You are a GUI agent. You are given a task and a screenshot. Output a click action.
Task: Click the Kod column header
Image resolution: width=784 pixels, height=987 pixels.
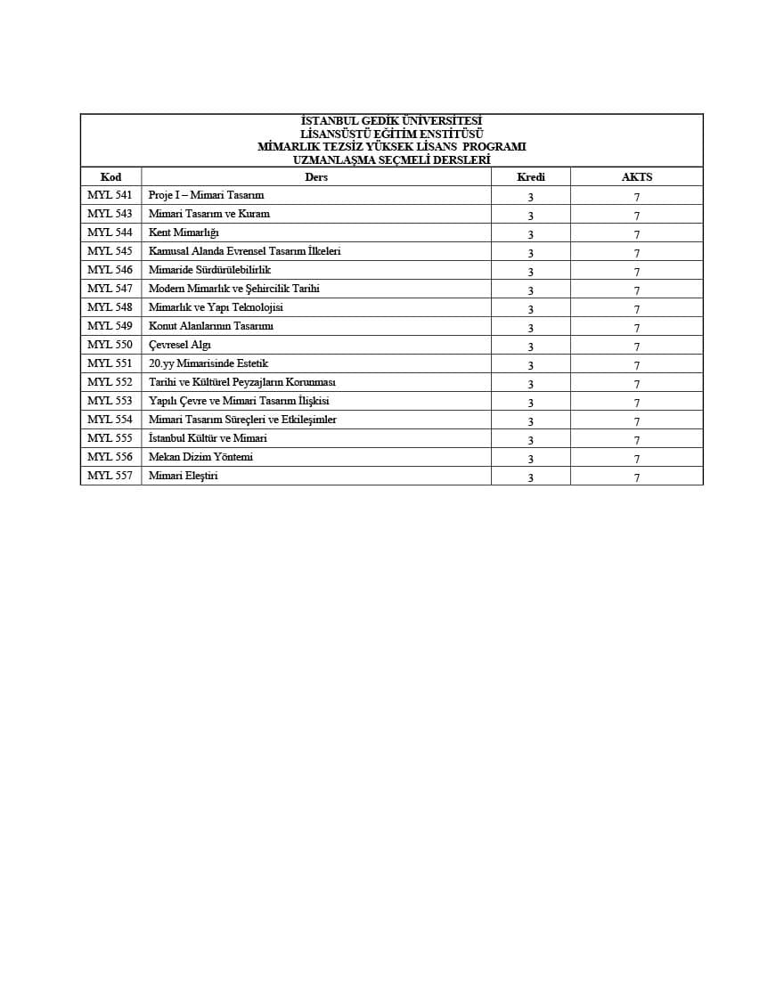tap(110, 177)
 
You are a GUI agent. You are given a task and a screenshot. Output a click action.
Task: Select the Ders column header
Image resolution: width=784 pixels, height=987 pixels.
tap(315, 177)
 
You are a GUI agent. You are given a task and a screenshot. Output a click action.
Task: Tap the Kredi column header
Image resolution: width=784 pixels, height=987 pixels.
tap(530, 177)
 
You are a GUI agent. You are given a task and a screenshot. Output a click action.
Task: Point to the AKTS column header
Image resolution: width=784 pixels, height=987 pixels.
tap(636, 177)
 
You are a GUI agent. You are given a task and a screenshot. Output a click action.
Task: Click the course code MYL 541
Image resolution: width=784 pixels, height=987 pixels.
tap(110, 195)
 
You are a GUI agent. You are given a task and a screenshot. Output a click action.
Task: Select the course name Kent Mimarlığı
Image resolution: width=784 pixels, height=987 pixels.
tap(184, 232)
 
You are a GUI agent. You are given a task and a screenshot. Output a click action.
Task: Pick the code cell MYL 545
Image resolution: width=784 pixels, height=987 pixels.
tap(110, 251)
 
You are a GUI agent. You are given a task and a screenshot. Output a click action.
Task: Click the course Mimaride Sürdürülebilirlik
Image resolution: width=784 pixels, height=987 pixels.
tap(209, 270)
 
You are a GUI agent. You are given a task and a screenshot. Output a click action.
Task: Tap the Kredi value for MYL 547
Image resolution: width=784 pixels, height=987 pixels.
tap(530, 290)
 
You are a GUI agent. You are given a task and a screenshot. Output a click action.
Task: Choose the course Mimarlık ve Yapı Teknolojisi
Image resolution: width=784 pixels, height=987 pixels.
tap(216, 307)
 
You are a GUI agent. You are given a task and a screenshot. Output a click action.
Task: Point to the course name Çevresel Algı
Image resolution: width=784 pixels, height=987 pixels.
tap(180, 345)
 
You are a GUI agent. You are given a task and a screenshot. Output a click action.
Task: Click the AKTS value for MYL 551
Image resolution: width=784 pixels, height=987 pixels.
tap(636, 365)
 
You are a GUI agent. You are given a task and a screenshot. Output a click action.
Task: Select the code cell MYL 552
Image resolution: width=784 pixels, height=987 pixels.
tap(110, 382)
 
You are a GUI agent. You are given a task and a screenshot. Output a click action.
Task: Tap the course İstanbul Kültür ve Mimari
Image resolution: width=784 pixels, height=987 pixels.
tap(208, 438)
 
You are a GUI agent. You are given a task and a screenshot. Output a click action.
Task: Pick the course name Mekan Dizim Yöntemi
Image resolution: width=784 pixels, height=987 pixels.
tap(200, 457)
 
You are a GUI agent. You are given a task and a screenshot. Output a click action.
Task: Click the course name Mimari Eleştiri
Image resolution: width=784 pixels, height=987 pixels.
tap(183, 476)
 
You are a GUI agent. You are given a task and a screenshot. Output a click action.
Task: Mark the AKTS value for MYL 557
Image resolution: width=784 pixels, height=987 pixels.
tap(636, 477)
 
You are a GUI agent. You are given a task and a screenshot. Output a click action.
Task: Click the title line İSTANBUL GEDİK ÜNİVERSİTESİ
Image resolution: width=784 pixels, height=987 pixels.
tap(391, 121)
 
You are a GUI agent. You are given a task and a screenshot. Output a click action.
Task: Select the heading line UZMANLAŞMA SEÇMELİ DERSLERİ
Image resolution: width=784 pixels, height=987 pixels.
tap(391, 159)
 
